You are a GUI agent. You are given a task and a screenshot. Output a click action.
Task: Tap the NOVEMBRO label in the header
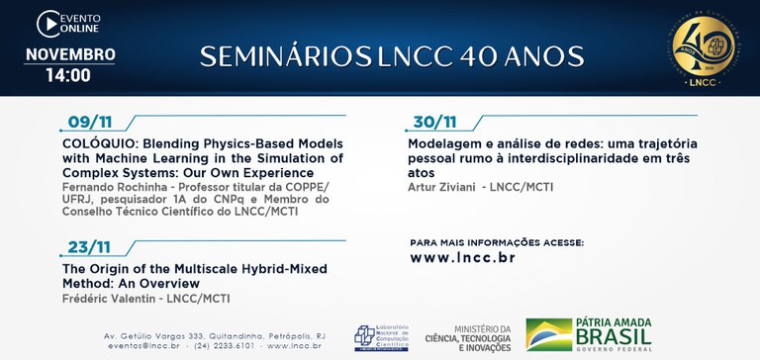(x=69, y=54)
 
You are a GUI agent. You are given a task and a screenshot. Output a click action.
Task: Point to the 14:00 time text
(x=69, y=75)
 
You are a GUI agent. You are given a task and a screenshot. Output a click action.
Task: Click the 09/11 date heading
(x=90, y=122)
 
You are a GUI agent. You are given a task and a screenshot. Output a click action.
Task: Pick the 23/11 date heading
(x=90, y=248)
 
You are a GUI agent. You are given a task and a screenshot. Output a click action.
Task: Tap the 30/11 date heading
(x=434, y=122)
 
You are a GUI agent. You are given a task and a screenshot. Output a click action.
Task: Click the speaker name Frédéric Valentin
(x=108, y=298)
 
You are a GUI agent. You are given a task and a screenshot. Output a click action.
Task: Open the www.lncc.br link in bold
(x=462, y=258)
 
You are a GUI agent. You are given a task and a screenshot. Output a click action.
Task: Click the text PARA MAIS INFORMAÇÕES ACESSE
(x=496, y=241)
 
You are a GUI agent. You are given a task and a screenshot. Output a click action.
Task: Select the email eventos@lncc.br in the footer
(x=142, y=346)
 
